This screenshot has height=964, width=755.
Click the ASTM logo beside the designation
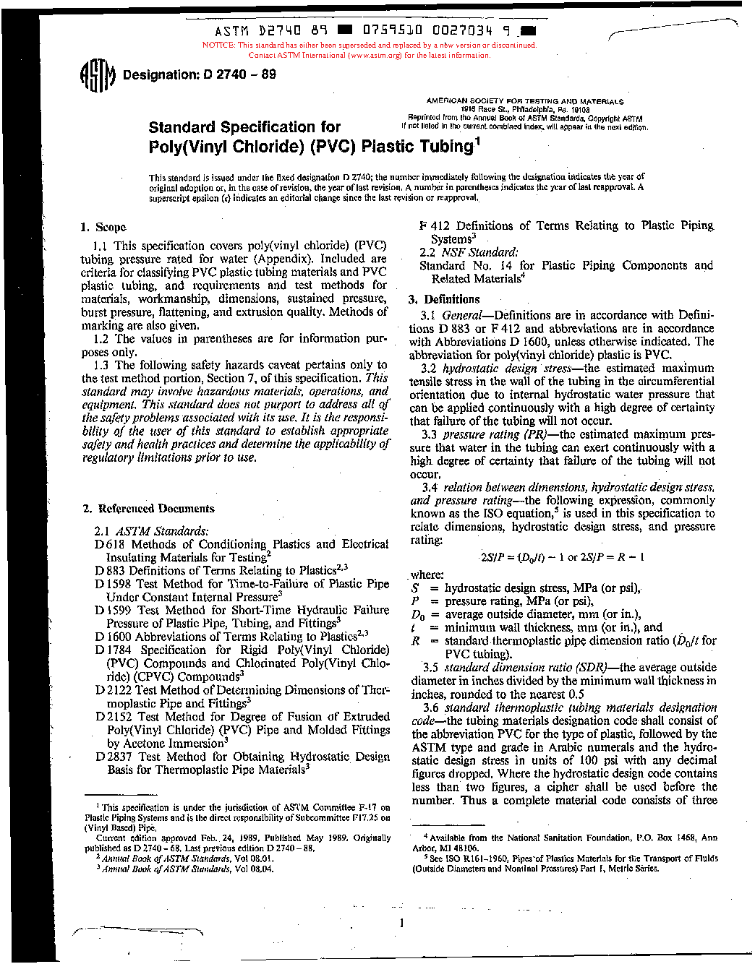tap(97, 74)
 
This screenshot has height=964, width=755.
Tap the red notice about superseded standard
tap(370, 50)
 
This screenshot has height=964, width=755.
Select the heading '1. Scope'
tap(103, 227)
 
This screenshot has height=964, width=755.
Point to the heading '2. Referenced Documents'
tap(149, 509)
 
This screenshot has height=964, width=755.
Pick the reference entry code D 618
tap(109, 544)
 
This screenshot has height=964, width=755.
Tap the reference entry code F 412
tap(434, 225)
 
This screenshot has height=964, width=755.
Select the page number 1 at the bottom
tap(401, 922)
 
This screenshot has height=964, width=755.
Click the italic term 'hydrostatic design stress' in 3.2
tap(506, 368)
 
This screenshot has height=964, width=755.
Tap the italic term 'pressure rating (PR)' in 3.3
tap(481, 434)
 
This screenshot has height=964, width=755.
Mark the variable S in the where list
tap(416, 588)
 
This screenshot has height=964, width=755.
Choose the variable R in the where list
tap(416, 640)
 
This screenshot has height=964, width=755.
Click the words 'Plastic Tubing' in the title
tap(417, 146)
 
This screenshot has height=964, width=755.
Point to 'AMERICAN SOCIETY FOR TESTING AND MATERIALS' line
tap(525, 102)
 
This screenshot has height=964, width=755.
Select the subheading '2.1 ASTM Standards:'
tap(151, 531)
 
